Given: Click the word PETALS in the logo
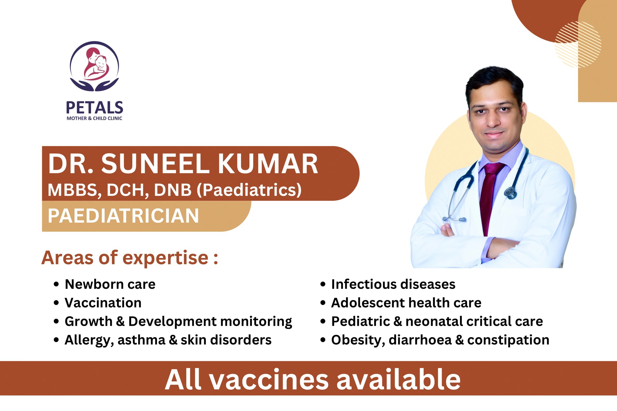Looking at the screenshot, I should (94, 108).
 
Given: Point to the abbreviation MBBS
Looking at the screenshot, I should (72, 190).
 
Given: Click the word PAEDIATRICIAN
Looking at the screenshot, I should (123, 216).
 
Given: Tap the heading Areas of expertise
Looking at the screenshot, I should (130, 258).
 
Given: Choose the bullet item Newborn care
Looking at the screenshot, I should (110, 284).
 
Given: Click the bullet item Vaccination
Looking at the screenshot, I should (103, 303).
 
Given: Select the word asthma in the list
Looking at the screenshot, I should (141, 340).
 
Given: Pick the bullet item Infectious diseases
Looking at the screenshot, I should (393, 284).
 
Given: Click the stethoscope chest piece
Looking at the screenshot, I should (511, 193).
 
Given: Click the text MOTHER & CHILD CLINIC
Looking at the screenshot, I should (94, 118).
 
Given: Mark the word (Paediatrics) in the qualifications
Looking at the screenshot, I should (249, 190).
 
